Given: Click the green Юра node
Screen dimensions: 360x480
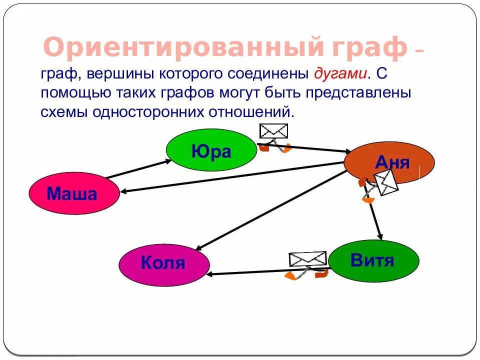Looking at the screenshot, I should coord(211,150).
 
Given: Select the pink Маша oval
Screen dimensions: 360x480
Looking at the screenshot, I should coord(74,193).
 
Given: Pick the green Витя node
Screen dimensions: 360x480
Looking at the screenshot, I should coord(373,260).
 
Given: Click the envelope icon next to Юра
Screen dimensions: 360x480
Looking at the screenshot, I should coord(274,131).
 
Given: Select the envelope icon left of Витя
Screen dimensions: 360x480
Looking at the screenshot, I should coord(307,259).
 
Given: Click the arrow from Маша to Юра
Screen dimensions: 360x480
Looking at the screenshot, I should coord(137,169).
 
